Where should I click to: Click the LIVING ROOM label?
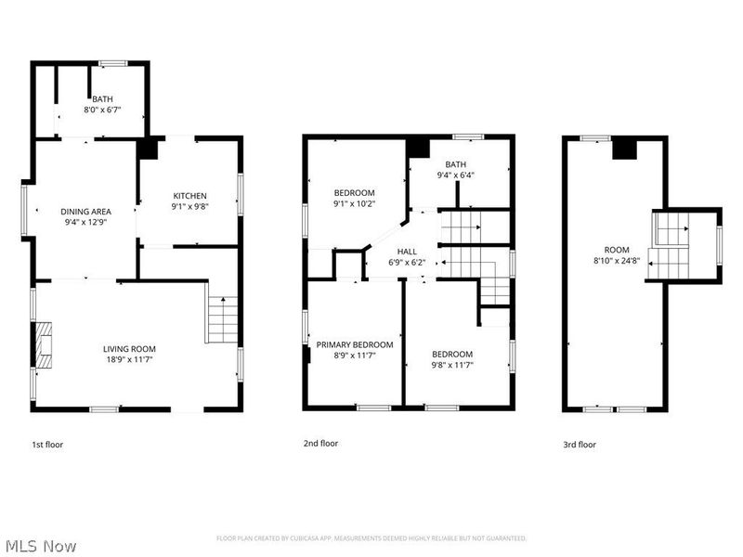click(129, 349)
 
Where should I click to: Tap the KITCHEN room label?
click(190, 196)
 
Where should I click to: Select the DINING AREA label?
click(85, 212)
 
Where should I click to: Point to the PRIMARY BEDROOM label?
click(355, 344)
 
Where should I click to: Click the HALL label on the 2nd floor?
click(407, 252)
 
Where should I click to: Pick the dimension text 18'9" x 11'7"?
click(129, 359)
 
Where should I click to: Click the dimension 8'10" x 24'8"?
click(617, 260)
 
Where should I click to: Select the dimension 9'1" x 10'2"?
click(355, 203)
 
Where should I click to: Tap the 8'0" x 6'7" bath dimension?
click(102, 110)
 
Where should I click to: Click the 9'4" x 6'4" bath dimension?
click(456, 175)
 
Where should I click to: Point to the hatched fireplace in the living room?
click(43, 345)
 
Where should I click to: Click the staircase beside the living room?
click(223, 319)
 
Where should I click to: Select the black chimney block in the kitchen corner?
click(148, 149)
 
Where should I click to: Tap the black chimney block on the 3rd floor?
click(625, 149)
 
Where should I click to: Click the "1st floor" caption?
click(47, 445)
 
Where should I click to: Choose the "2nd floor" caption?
click(320, 444)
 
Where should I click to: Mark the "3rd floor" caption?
click(580, 445)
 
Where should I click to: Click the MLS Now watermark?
click(38, 546)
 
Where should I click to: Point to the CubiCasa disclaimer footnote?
click(371, 538)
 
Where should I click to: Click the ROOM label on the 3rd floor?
click(617, 250)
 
